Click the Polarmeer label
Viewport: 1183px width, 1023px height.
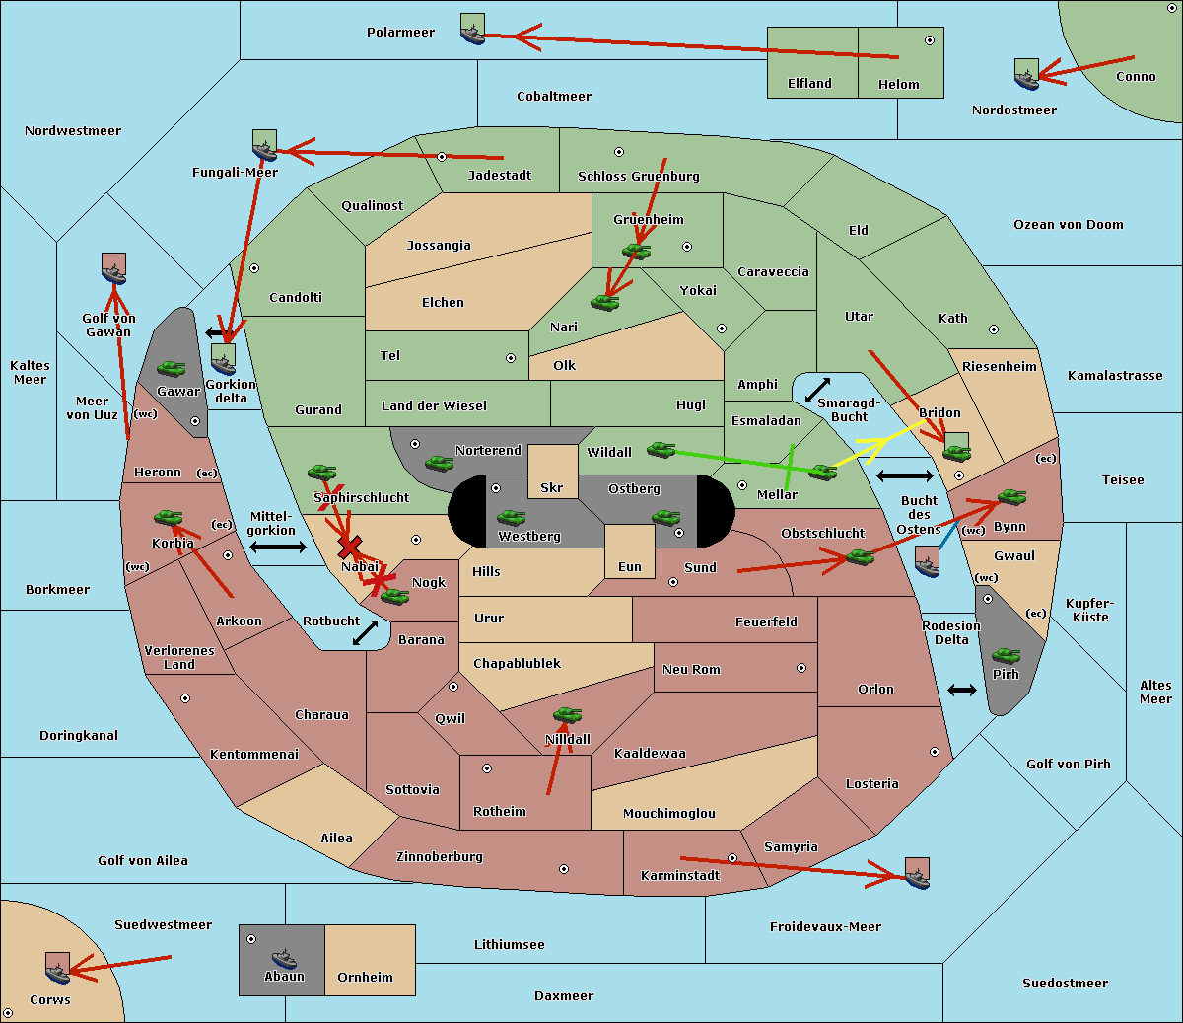tap(400, 33)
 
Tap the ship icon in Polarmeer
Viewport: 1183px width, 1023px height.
tap(473, 30)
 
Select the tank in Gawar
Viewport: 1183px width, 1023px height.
tap(172, 369)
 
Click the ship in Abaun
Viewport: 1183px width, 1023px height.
tap(284, 958)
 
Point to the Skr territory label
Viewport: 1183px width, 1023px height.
tap(552, 487)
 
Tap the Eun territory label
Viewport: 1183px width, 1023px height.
tap(630, 566)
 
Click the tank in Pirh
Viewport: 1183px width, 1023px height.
tap(1006, 655)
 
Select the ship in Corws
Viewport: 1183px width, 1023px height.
tap(58, 969)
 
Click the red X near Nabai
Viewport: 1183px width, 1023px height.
tap(350, 547)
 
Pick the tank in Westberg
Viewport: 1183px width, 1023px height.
tap(511, 518)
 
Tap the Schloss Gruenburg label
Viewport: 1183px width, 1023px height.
tap(639, 176)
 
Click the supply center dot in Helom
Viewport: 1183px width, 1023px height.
tap(930, 40)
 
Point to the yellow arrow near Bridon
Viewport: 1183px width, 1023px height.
tap(879, 443)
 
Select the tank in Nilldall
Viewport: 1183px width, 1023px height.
tap(567, 715)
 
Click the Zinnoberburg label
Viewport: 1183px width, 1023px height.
tap(440, 857)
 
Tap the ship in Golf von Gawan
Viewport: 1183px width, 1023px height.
tap(114, 268)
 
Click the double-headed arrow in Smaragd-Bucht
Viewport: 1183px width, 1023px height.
tap(817, 390)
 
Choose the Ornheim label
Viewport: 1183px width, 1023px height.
tap(365, 978)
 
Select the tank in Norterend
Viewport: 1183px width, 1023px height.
tap(439, 463)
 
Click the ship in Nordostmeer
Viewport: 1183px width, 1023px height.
tap(1027, 74)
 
